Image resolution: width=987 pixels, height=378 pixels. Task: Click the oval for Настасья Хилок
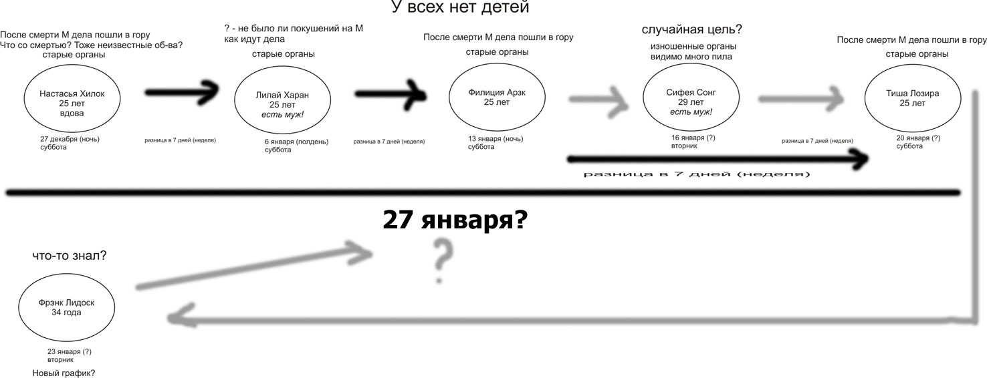click(x=73, y=99)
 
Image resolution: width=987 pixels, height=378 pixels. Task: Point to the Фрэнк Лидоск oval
click(x=66, y=308)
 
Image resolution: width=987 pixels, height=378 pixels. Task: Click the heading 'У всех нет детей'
click(x=460, y=8)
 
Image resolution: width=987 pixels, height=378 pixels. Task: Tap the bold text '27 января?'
click(x=455, y=220)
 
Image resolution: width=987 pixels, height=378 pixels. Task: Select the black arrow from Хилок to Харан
click(x=183, y=92)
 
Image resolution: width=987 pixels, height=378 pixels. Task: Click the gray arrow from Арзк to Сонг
click(x=598, y=100)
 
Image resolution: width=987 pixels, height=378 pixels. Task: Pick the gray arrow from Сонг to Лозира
click(x=802, y=99)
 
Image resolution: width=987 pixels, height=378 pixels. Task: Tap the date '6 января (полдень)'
click(x=296, y=142)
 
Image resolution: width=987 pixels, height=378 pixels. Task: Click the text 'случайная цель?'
click(x=691, y=30)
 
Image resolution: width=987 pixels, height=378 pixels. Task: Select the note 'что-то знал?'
click(x=70, y=255)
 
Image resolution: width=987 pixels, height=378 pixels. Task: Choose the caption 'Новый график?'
click(x=64, y=373)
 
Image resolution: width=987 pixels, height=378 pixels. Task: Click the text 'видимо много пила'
click(x=691, y=57)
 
